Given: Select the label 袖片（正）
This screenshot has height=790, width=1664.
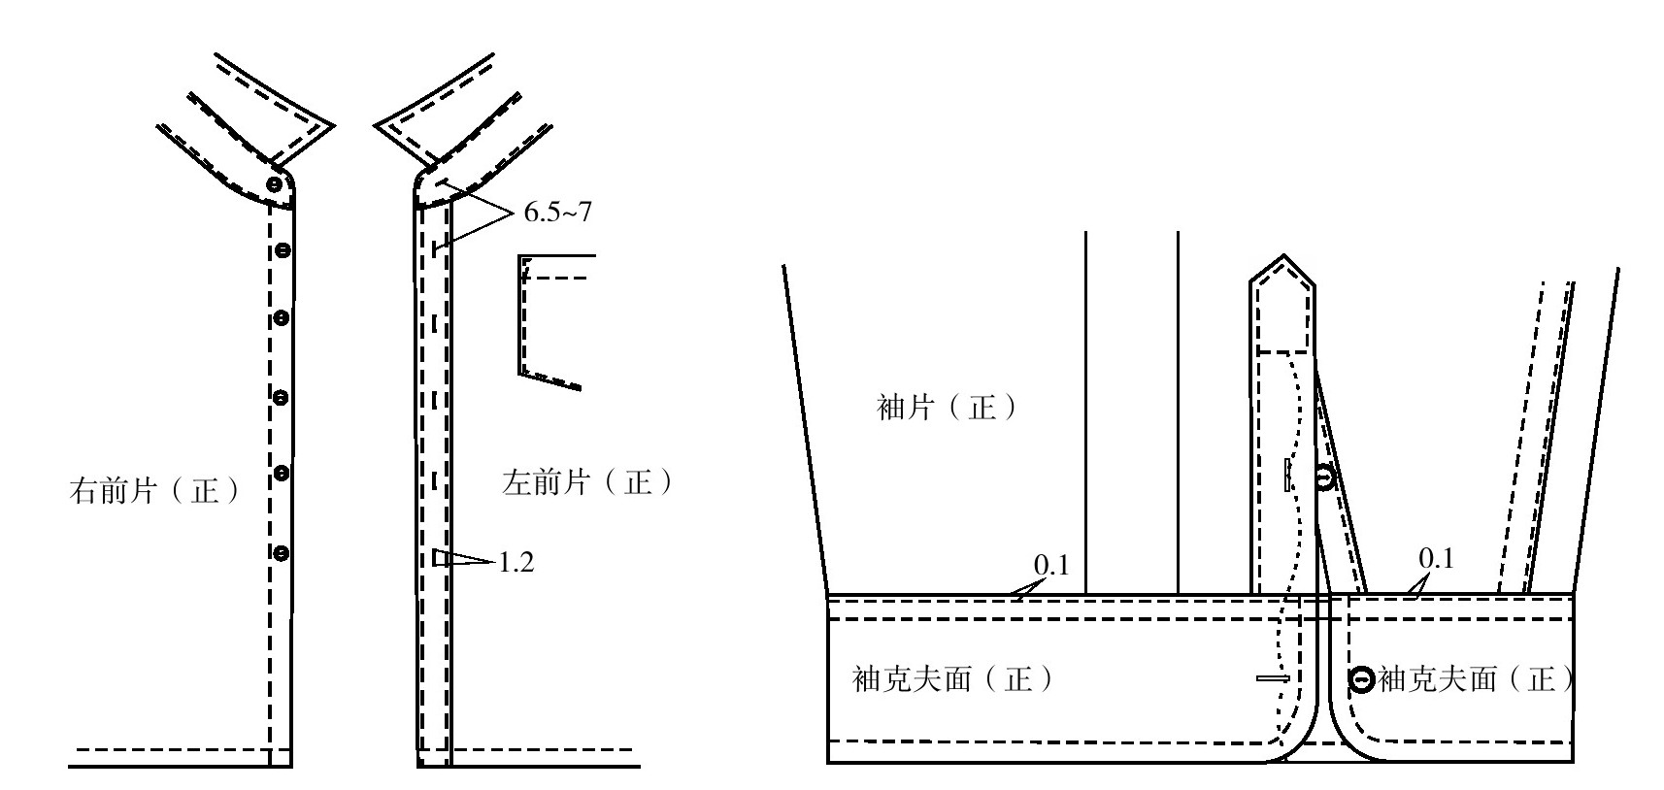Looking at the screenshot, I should click(x=948, y=407).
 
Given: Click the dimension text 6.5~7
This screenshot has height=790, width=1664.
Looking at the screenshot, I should click(x=557, y=213).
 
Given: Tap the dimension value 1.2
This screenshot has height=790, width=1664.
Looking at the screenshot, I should click(x=516, y=562).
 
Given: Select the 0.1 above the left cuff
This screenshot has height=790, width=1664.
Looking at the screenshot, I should click(x=1050, y=564).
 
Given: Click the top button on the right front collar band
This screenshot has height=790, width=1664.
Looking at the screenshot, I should click(x=276, y=183).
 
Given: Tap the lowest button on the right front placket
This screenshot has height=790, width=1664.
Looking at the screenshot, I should click(x=281, y=553).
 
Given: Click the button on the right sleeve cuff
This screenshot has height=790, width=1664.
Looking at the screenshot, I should click(x=1361, y=680).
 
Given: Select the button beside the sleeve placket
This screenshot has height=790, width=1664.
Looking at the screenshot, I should click(x=1325, y=477).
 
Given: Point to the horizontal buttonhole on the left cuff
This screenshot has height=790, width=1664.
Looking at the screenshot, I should click(x=1272, y=678).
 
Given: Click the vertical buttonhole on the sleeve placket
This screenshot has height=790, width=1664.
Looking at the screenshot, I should click(x=1287, y=475).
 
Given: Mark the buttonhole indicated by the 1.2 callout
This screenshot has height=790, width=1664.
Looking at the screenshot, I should click(x=439, y=559).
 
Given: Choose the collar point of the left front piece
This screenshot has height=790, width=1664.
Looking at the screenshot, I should click(x=377, y=125).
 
